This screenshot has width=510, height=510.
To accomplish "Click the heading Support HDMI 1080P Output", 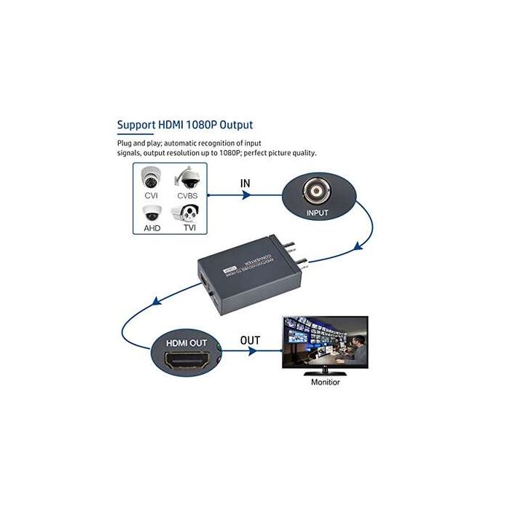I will [185, 125].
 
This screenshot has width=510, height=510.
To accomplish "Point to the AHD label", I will [152, 227].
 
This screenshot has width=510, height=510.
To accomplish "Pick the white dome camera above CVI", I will [152, 177].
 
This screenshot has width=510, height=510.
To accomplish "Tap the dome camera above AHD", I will [152, 212].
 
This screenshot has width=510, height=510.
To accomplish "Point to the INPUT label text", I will [318, 213].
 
